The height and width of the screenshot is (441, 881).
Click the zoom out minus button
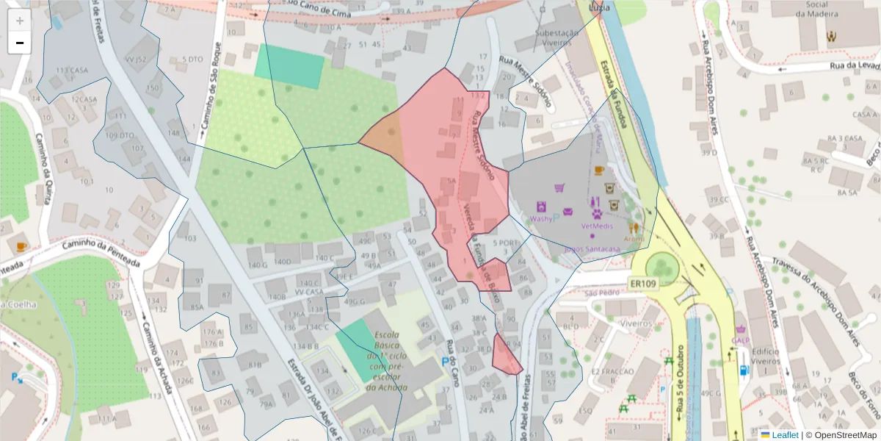point(20,43)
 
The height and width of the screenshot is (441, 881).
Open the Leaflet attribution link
point(784,435)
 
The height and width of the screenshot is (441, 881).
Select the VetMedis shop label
point(597,226)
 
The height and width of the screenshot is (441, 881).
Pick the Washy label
point(540,219)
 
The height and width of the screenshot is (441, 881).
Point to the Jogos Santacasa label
point(592,249)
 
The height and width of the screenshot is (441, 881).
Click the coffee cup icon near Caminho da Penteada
point(21,246)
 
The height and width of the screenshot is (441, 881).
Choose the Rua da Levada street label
point(855,65)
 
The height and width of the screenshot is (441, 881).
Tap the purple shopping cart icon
point(560,188)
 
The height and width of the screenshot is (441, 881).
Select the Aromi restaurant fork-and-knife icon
point(634,228)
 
